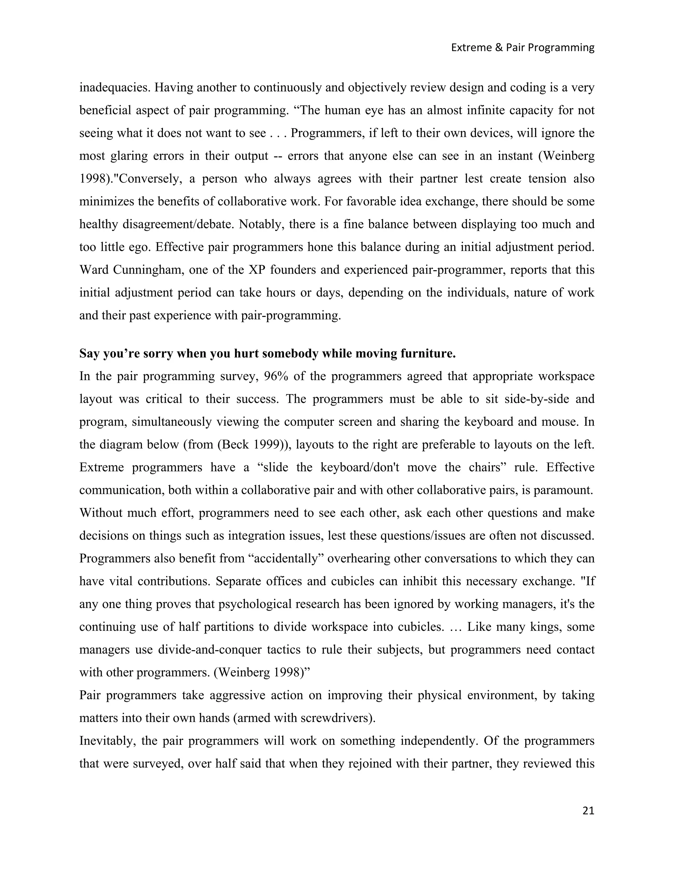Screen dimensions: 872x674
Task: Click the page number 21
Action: pyautogui.click(x=588, y=810)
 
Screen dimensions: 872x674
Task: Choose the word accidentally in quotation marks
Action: pyautogui.click(x=288, y=558)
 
